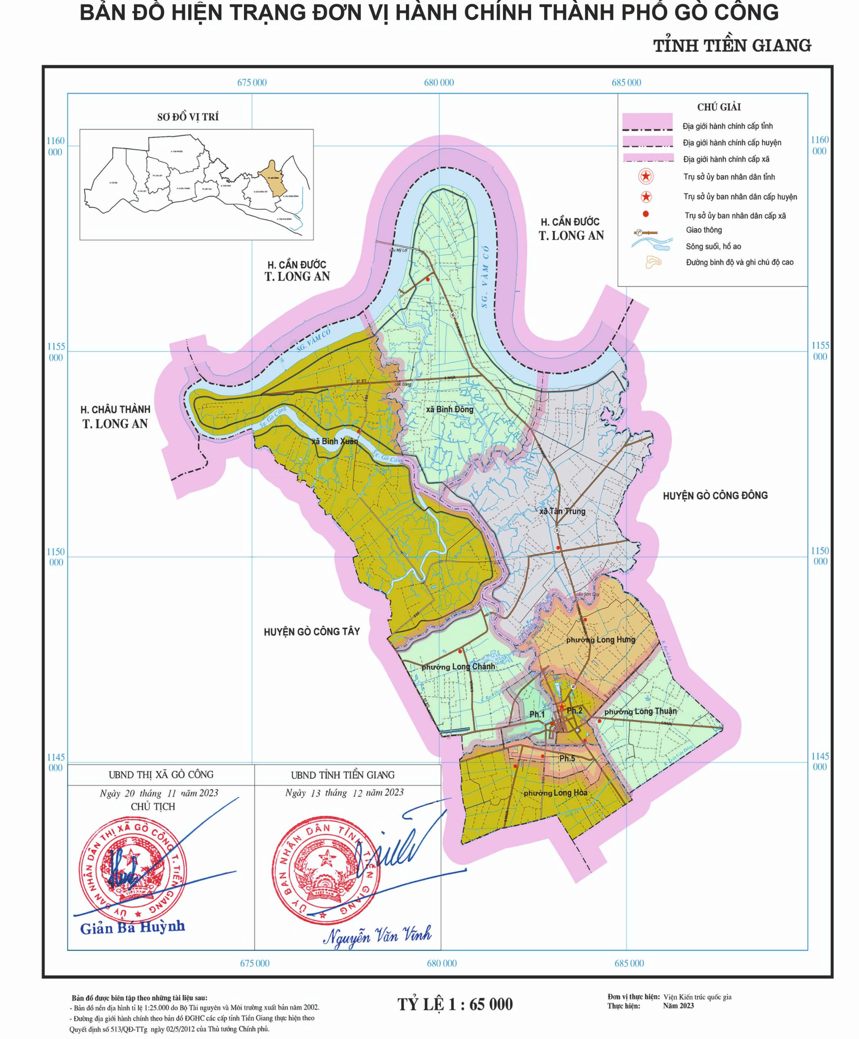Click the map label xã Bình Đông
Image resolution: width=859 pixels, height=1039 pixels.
[449, 410]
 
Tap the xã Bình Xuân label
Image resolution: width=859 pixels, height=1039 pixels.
[335, 441]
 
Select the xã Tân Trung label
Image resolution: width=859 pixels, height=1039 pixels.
[562, 511]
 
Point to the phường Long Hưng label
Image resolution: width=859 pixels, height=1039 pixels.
[601, 640]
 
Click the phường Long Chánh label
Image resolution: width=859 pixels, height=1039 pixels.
[458, 666]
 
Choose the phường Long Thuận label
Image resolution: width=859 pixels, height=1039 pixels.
[640, 711]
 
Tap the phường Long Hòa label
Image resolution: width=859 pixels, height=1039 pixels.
[556, 793]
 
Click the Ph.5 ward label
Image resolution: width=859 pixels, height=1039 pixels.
[567, 759]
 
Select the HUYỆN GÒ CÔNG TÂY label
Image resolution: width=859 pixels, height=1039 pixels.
[312, 632]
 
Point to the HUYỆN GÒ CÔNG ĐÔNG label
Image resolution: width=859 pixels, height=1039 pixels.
[715, 495]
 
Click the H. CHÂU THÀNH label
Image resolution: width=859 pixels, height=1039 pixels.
[115, 410]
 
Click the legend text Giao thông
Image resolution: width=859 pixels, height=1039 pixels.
[704, 230]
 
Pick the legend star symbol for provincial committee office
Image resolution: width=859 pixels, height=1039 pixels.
[646, 177]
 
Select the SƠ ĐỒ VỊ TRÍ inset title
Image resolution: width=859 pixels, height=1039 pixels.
[188, 117]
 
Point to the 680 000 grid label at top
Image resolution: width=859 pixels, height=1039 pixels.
[439, 83]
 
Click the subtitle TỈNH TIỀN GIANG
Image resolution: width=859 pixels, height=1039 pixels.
[732, 45]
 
